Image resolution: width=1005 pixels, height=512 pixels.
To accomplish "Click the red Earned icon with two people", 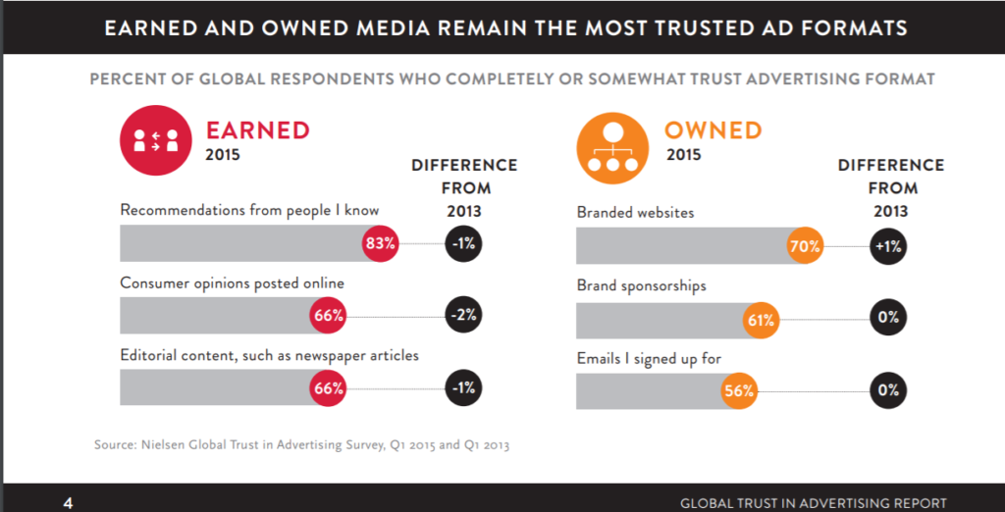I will pos(155,140).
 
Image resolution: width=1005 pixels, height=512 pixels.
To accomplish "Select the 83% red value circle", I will pos(379,243).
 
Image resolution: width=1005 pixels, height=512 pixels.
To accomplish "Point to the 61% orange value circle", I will pos(761,320).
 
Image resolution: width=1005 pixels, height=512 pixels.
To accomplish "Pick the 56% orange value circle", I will pos(738,390).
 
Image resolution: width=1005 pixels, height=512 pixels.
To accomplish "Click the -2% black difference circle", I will pos(463,315).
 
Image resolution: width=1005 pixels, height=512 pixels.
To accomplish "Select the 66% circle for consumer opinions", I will pos(328,315).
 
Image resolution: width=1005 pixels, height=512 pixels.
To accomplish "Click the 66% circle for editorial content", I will pos(328,388).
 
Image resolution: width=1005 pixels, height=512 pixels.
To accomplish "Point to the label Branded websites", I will pos(636,212).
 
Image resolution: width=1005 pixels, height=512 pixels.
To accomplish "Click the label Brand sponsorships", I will pos(641,285).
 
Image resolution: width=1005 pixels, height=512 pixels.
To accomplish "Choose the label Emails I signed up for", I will pos(649,359).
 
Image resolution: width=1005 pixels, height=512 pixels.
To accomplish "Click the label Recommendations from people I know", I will pos(249,210).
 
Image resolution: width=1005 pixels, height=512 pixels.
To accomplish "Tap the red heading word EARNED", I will pos(257,129).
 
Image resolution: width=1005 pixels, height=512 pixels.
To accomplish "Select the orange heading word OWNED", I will pos(713,129).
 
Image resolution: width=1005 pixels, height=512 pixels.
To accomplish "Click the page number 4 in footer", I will pos(68,503).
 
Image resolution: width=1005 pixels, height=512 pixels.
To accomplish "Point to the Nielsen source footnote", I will pos(302,445).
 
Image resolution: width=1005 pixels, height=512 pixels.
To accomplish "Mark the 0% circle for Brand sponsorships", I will pos(888,318).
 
